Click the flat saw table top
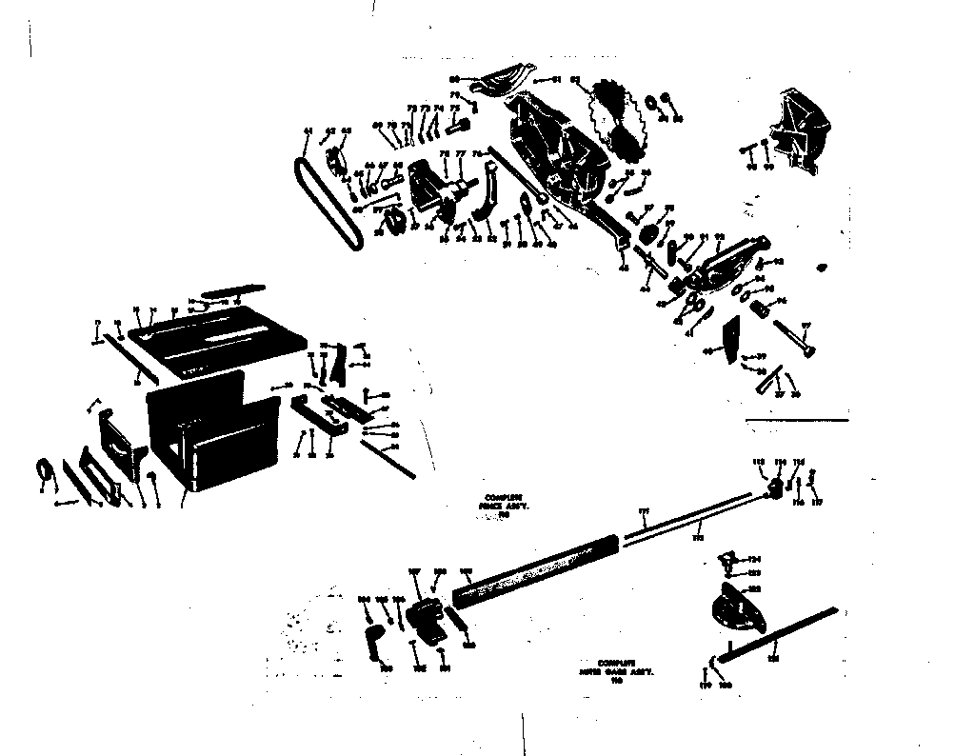[x=219, y=338]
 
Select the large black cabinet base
[x=211, y=433]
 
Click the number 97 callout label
[x=806, y=326]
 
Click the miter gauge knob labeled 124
[x=732, y=558]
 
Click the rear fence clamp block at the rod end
[x=777, y=487]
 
